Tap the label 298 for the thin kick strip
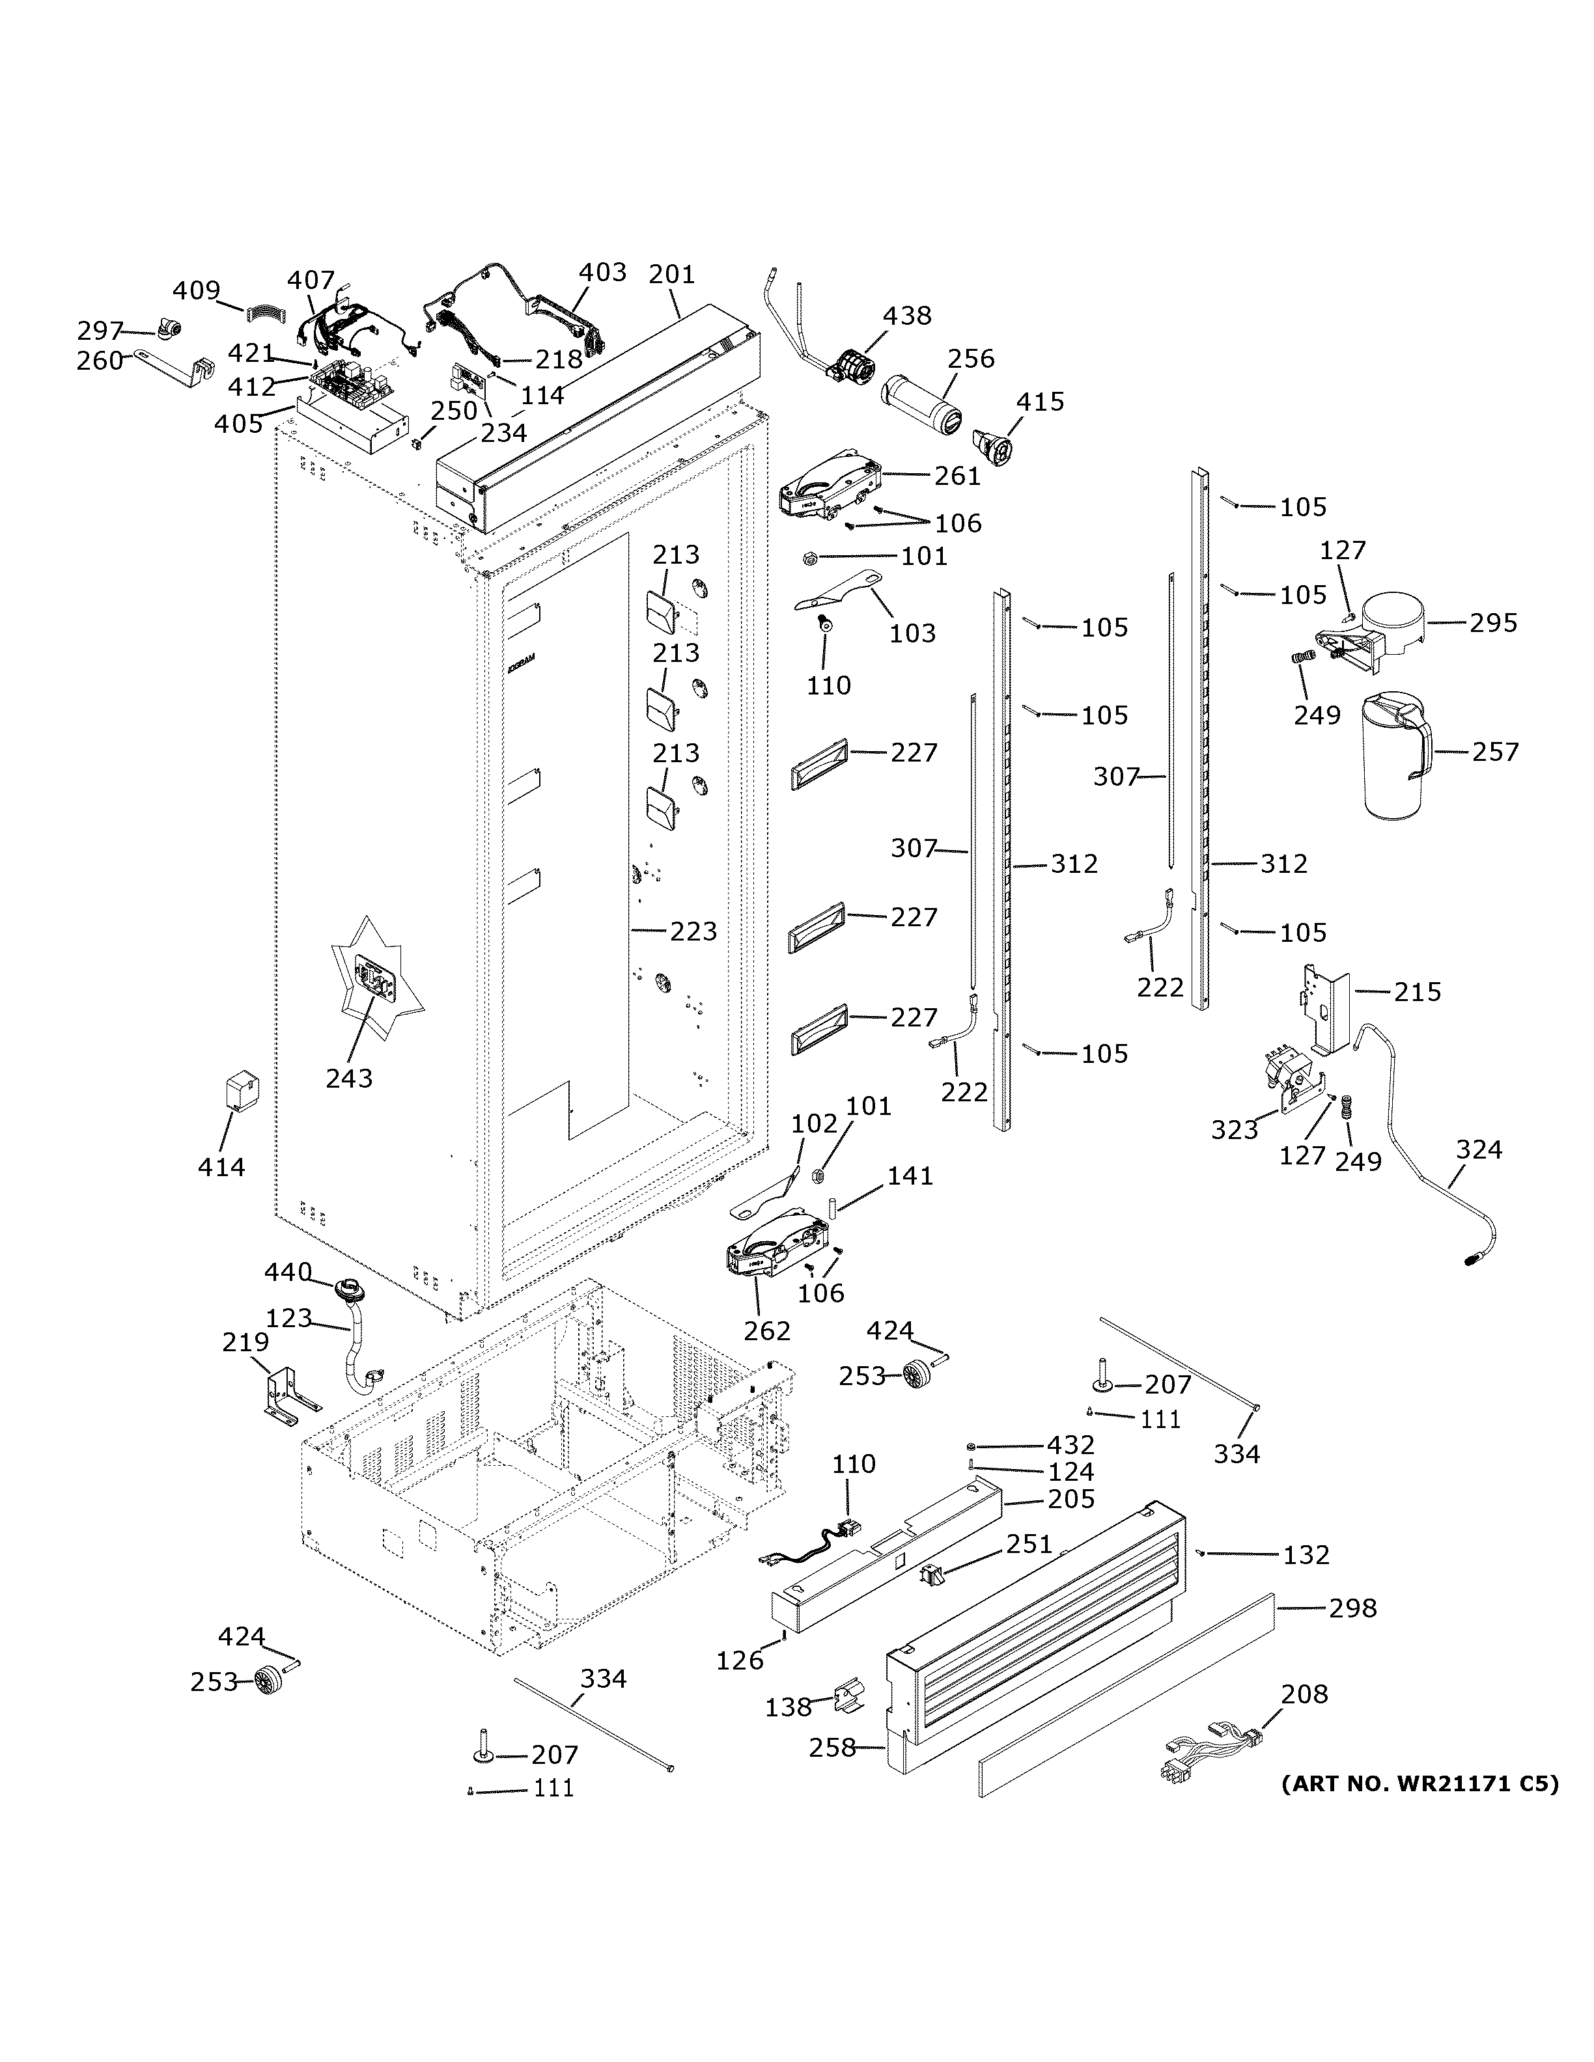pyautogui.click(x=1352, y=1607)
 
